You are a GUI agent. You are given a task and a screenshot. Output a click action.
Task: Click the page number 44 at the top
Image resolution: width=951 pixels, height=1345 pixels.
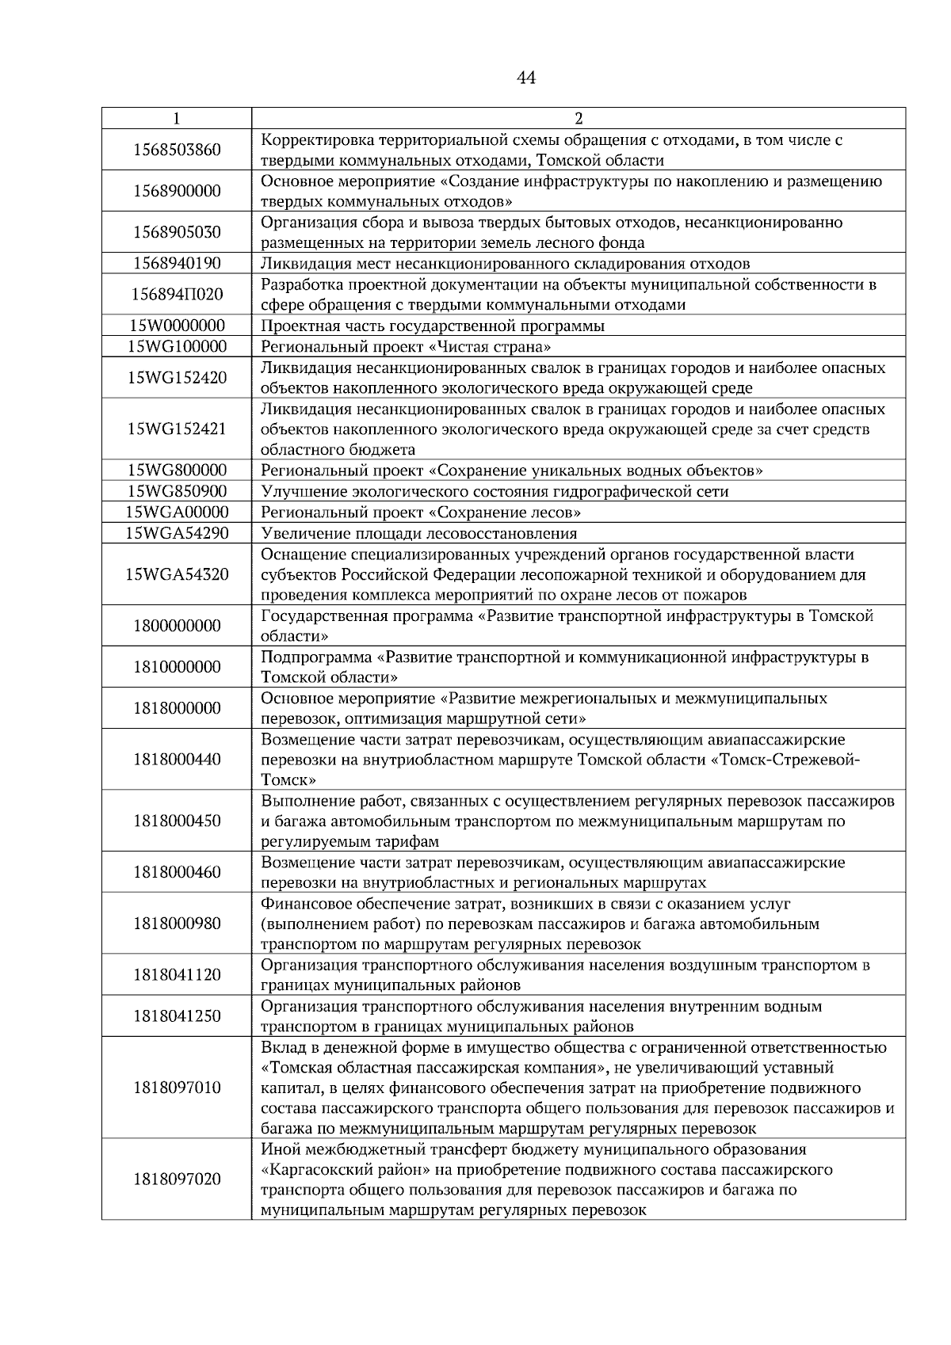pyautogui.click(x=525, y=78)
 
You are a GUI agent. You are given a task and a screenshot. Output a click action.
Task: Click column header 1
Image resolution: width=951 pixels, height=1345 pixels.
pyautogui.click(x=176, y=119)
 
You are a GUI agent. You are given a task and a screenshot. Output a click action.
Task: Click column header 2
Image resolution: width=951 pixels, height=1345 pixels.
pyautogui.click(x=578, y=119)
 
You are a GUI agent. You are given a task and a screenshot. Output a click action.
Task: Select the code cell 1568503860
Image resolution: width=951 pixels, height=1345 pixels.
pyautogui.click(x=177, y=150)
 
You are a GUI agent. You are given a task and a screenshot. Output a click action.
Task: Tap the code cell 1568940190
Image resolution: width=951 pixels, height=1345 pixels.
pyautogui.click(x=177, y=263)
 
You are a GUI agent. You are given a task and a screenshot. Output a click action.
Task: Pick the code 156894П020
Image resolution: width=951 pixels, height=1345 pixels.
pyautogui.click(x=177, y=295)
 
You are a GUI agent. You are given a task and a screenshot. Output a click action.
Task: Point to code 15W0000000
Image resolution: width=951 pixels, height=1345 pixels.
pyautogui.click(x=177, y=326)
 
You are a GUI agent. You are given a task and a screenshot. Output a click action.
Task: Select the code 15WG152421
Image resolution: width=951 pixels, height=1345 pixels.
pyautogui.click(x=177, y=429)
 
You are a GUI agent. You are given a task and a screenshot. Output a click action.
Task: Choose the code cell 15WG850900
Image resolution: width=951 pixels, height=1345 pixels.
pyautogui.click(x=177, y=491)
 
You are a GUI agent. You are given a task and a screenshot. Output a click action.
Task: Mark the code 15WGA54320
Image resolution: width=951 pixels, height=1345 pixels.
pyautogui.click(x=177, y=573)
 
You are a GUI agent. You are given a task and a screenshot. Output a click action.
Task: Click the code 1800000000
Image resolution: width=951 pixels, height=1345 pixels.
pyautogui.click(x=177, y=626)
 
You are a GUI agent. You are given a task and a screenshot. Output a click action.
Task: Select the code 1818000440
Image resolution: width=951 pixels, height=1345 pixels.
pyautogui.click(x=177, y=760)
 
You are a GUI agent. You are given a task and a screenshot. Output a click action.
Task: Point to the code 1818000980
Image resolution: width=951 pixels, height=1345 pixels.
pyautogui.click(x=177, y=924)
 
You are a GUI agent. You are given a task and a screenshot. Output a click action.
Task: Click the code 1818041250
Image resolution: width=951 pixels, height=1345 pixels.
pyautogui.click(x=177, y=1016)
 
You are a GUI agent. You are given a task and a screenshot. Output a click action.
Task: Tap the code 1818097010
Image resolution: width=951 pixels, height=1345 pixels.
pyautogui.click(x=177, y=1088)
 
